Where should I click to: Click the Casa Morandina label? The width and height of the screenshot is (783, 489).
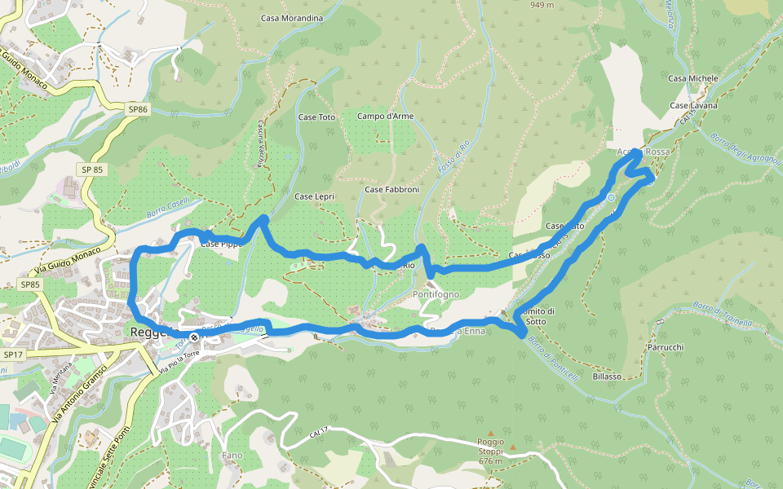[x=292, y=18]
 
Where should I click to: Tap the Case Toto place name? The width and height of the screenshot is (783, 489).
[x=316, y=117]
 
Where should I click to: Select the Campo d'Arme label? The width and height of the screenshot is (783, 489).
[x=385, y=117]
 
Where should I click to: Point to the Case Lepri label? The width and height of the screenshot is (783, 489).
[x=315, y=197]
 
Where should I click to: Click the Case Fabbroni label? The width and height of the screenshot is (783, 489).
[x=391, y=190]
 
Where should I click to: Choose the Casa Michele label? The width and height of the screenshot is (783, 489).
[x=693, y=78]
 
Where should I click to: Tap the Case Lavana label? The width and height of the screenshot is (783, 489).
[x=693, y=106]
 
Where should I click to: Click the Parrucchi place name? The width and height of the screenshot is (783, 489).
[x=665, y=347]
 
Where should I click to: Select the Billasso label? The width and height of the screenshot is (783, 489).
[x=607, y=377]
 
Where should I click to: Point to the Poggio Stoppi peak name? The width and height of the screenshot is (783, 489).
[x=491, y=446]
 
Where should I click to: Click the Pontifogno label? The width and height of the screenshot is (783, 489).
[x=436, y=293]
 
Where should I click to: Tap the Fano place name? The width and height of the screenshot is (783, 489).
[x=232, y=455]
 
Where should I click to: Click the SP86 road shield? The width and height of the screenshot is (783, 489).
[x=138, y=108]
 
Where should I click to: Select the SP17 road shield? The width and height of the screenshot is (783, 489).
[x=14, y=355]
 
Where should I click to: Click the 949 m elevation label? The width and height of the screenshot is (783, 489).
[x=542, y=5]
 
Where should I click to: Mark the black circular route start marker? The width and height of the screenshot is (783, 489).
[x=194, y=336]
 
